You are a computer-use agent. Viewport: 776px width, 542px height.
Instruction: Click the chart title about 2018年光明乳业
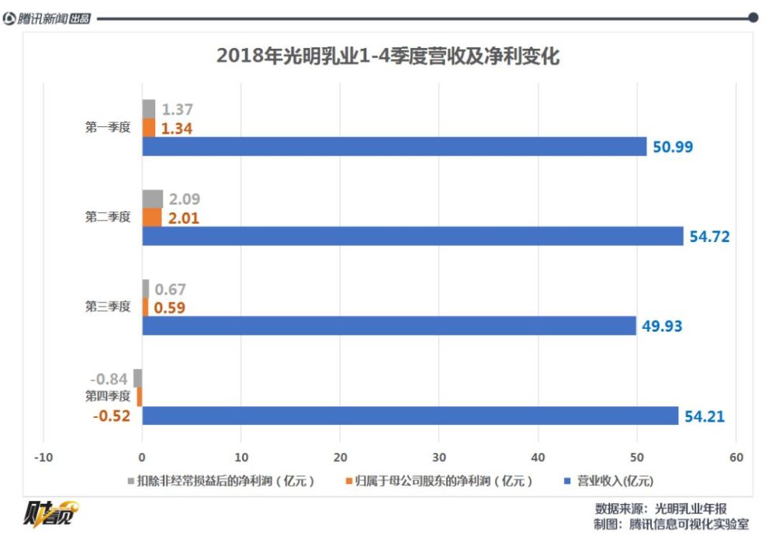(x=387, y=57)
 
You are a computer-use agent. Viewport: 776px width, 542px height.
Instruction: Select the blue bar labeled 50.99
(x=394, y=147)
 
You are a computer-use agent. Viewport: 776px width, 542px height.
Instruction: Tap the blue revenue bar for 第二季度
(x=412, y=236)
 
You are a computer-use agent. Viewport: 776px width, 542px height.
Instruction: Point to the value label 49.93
(x=662, y=326)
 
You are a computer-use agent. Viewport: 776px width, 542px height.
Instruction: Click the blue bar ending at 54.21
(x=410, y=416)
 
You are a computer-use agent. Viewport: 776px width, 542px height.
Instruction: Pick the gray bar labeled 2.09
(x=152, y=199)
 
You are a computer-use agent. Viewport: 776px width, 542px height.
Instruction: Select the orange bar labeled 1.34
(x=148, y=128)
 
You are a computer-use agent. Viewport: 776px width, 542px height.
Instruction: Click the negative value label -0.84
(x=109, y=379)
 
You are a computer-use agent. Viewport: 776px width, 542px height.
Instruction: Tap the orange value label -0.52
(x=111, y=416)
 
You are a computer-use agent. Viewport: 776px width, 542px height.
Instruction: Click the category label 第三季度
(x=108, y=307)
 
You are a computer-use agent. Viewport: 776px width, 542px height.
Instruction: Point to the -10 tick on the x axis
(x=43, y=457)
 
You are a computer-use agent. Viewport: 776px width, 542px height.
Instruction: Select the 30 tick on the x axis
(x=439, y=457)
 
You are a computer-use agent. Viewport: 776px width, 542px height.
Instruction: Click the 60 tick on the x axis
(x=736, y=457)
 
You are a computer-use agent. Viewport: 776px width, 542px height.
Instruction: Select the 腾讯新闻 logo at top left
(x=47, y=19)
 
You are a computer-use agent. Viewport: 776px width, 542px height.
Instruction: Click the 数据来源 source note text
(x=660, y=509)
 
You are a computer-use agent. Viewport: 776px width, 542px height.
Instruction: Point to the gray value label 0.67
(x=170, y=290)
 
